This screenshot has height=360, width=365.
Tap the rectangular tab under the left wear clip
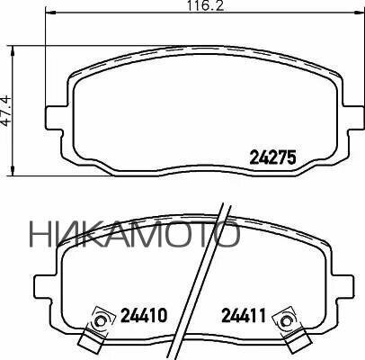coord(88,340)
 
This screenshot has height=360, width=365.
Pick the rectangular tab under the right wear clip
coord(294,340)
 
